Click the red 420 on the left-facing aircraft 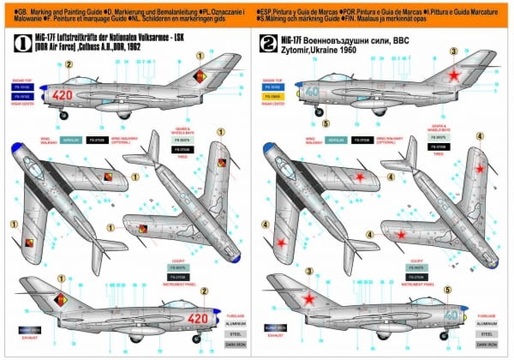tap(63, 95)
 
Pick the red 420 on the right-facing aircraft tap(198, 319)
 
